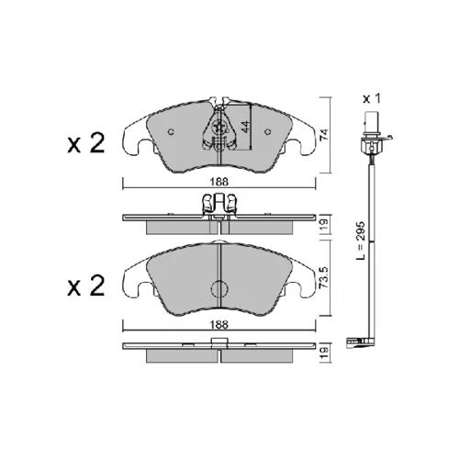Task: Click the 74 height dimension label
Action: (x=325, y=135)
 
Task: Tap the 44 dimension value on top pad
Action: (x=245, y=127)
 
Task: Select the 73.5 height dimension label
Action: (x=325, y=277)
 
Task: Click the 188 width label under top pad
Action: (x=219, y=182)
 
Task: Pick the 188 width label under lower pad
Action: (x=219, y=324)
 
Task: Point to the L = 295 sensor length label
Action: (x=361, y=241)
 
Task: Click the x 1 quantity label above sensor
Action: (x=372, y=99)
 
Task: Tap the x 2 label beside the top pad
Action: (x=86, y=143)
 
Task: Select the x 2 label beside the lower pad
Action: (x=86, y=285)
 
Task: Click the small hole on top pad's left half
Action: (x=172, y=132)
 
